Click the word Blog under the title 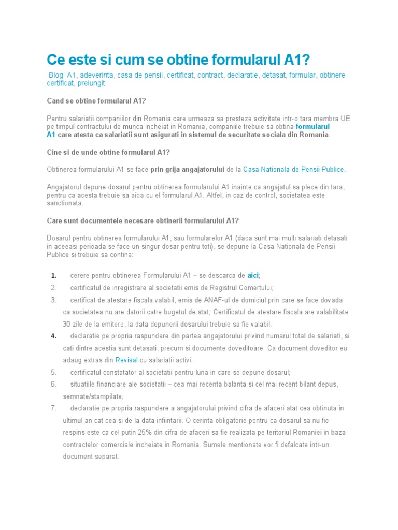(55, 75)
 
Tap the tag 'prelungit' (91, 83)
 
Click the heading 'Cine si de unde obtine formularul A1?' (108, 152)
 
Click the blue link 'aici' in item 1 (252, 275)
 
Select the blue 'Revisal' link (126, 360)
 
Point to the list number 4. (54, 336)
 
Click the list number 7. (53, 408)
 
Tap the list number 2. (53, 288)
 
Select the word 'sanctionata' (64, 203)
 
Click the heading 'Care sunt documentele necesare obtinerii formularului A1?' (143, 220)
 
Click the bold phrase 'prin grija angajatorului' (187, 169)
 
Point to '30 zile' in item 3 (75, 324)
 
